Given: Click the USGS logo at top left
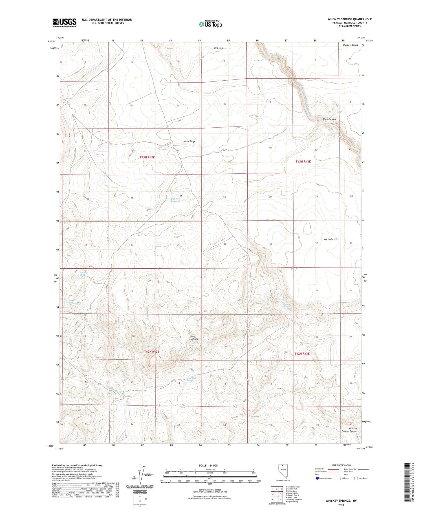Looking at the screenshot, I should tap(64, 23).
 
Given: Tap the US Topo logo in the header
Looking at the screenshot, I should tap(210, 24).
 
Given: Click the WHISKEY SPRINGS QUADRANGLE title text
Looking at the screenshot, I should tap(349, 19).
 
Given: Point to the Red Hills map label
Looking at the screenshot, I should tap(219, 48).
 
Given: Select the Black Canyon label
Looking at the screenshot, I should tap(329, 119).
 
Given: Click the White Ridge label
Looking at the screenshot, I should tap(189, 141).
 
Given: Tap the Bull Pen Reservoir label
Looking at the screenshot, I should tap(175, 200).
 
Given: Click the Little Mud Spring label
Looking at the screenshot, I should tap(190, 379).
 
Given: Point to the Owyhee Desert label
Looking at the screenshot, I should tap(350, 45).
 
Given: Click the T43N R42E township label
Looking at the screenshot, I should tap(147, 157).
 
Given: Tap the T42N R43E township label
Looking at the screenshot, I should tap(302, 353).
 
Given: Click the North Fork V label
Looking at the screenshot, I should tap(330, 239).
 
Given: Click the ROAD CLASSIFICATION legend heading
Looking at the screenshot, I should tap(341, 465).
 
